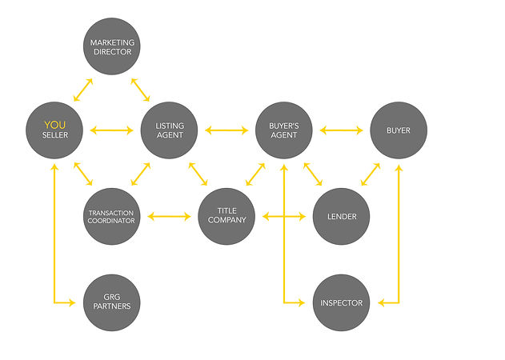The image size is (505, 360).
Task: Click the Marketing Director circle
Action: click(x=112, y=46)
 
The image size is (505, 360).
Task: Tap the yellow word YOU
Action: click(x=54, y=125)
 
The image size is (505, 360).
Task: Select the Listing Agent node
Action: click(x=169, y=130)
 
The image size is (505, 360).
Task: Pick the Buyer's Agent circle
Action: click(x=284, y=130)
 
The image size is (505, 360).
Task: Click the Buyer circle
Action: click(x=399, y=130)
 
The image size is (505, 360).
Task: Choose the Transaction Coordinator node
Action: click(x=112, y=216)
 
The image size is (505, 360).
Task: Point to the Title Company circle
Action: click(x=226, y=216)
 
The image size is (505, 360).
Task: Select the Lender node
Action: click(x=342, y=216)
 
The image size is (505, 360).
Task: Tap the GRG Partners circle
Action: click(x=112, y=302)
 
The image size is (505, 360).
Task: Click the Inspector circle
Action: click(x=342, y=302)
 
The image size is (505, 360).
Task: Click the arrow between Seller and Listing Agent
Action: click(x=112, y=130)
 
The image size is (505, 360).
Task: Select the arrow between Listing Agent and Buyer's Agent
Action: click(x=226, y=130)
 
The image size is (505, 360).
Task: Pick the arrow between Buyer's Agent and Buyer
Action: click(x=342, y=130)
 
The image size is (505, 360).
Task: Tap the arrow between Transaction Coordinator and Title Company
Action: click(x=169, y=216)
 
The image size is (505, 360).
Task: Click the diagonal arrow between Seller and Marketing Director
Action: click(x=83, y=90)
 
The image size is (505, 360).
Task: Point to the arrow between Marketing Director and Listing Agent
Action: click(x=140, y=90)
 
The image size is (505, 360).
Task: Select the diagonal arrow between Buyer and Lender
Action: click(x=371, y=174)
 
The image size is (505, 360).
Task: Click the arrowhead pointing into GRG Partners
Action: click(x=71, y=302)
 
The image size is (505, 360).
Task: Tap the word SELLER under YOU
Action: click(x=55, y=135)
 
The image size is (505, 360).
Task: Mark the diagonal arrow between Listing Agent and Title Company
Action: click(x=198, y=174)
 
